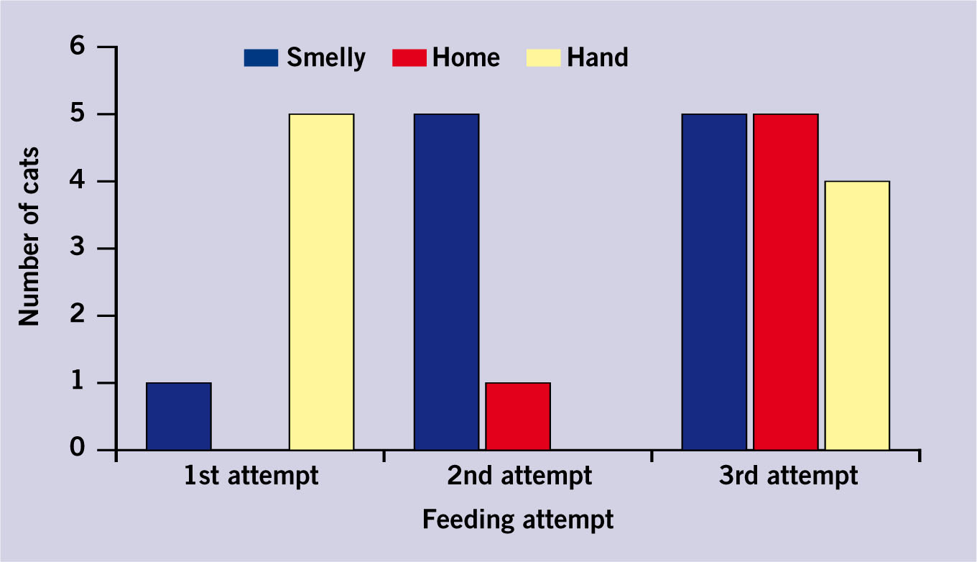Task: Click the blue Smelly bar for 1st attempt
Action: (179, 416)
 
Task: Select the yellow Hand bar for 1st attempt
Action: (322, 282)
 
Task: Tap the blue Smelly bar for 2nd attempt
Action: (447, 282)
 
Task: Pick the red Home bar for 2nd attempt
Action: (518, 416)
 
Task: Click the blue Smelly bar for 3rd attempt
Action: (714, 282)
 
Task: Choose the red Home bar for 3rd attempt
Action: (786, 282)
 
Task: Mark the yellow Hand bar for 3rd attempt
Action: (858, 315)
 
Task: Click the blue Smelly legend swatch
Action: (261, 58)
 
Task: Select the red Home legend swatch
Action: (409, 58)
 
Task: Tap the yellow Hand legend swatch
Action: (543, 58)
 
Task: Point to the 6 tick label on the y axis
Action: (77, 45)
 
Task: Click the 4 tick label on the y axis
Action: (77, 180)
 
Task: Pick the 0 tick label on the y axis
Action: (77, 447)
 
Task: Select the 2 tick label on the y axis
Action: (77, 314)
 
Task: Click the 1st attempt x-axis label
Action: (251, 476)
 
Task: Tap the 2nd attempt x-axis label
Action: (519, 476)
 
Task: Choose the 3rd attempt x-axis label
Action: (788, 476)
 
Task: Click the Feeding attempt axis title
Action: (518, 520)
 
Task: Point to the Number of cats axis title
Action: (29, 236)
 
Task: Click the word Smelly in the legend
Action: (326, 58)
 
